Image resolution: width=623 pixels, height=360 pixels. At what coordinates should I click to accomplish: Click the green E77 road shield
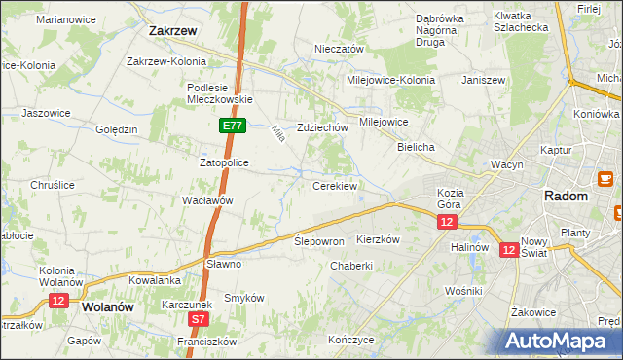(x=232, y=126)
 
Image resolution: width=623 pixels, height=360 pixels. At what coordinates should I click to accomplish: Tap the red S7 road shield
(x=198, y=318)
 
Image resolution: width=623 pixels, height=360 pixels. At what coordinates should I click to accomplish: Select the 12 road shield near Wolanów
(x=57, y=302)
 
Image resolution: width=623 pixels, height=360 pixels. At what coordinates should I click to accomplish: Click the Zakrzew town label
(x=174, y=30)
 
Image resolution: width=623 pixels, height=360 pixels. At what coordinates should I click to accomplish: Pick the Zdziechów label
(x=323, y=127)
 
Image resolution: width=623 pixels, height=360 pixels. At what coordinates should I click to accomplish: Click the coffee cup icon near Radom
(x=604, y=179)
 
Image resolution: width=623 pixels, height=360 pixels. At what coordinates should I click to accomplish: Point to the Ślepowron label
(x=319, y=240)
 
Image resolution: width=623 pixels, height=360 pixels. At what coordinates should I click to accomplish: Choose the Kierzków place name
(x=378, y=238)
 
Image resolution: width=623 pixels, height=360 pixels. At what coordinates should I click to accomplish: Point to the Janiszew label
(x=484, y=80)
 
